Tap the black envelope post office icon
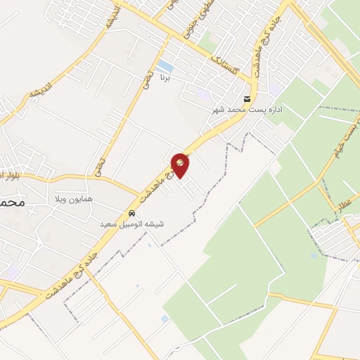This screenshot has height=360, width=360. [x=246, y=98]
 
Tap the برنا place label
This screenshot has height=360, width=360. [x=167, y=75]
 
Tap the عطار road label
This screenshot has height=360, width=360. [x=347, y=205]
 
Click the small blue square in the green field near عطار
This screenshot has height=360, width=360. [x=314, y=255]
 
